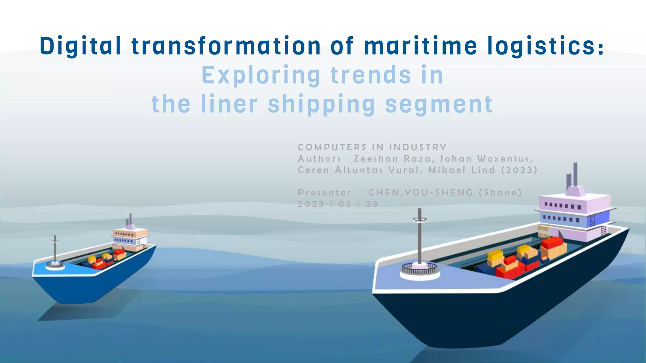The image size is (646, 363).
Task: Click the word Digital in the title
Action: pyautogui.click(x=80, y=46)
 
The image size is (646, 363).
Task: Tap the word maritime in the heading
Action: pyautogui.click(x=421, y=46)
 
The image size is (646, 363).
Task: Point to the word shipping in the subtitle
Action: pyautogui.click(x=321, y=105)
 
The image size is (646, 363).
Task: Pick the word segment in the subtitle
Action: pyautogui.click(x=439, y=105)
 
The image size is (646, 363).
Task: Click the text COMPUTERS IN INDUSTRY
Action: pyautogui.click(x=372, y=147)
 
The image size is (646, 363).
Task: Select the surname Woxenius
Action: pyautogui.click(x=505, y=158)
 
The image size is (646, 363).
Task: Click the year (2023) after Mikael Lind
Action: pyautogui.click(x=519, y=170)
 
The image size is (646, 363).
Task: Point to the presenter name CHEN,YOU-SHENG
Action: pyautogui.click(x=421, y=193)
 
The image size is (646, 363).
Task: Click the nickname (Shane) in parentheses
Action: pyautogui.click(x=500, y=193)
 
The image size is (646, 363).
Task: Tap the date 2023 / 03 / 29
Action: pyautogui.click(x=338, y=204)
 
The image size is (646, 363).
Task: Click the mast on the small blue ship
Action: pyautogui.click(x=55, y=249)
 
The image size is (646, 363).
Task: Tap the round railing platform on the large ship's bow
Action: pyautogui.click(x=420, y=270)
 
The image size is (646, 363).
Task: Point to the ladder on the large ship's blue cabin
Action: pyautogui.click(x=592, y=220)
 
